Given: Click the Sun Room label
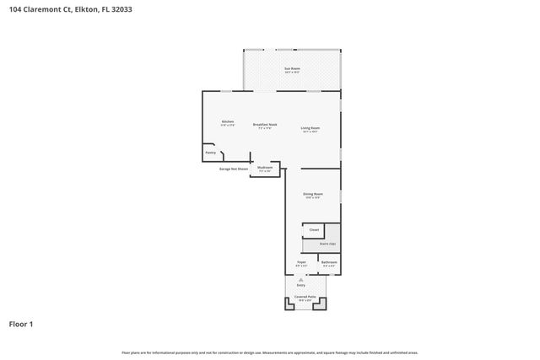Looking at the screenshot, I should [292, 68].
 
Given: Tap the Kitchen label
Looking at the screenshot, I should [227, 122].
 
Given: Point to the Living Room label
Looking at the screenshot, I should [310, 128].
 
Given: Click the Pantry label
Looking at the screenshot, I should [211, 153].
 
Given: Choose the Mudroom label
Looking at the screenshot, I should [265, 167].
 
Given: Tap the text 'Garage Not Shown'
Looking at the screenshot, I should [234, 169].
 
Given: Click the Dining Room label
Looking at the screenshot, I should [312, 195].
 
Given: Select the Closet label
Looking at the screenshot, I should [314, 229].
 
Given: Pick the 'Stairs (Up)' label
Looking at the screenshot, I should [327, 244].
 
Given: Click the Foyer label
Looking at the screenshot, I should [301, 263].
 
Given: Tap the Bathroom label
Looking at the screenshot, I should [328, 263].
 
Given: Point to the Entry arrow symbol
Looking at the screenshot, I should [300, 279].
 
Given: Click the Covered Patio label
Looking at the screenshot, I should [305, 297].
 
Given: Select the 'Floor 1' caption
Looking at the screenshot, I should [21, 323].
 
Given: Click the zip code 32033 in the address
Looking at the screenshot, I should [121, 9].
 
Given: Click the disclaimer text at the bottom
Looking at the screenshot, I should [270, 352].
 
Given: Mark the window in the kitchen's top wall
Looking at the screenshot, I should [226, 91].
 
